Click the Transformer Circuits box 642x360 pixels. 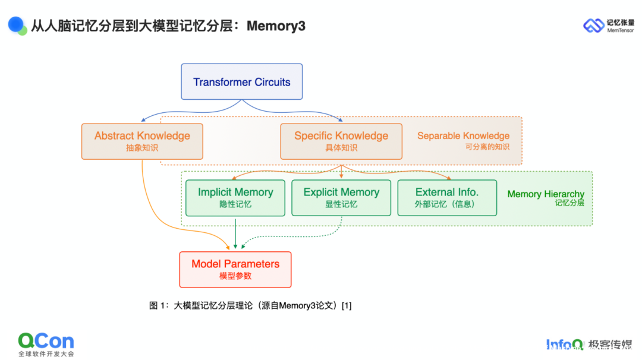[x=241, y=81]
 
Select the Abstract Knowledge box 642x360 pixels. [x=142, y=141]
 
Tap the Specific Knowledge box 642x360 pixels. [x=341, y=141]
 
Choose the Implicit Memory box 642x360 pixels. [x=235, y=197]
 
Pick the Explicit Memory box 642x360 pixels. [x=341, y=197]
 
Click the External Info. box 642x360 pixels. [x=447, y=197]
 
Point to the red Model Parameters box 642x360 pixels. [x=235, y=269]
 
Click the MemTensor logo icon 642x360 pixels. [x=593, y=26]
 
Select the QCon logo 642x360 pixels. [x=46, y=341]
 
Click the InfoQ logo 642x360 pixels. [x=565, y=344]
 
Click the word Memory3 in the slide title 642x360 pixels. [x=276, y=26]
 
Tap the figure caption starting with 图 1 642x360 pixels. [x=250, y=306]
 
